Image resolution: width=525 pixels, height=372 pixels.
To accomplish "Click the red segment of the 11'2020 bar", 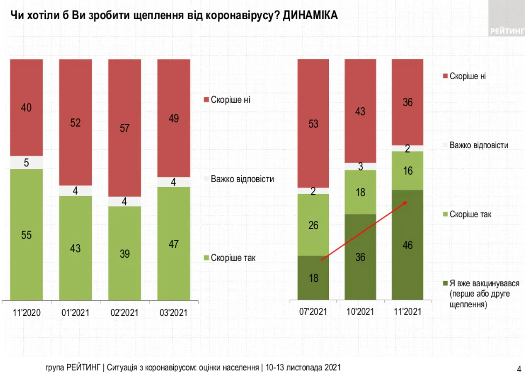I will (27, 107).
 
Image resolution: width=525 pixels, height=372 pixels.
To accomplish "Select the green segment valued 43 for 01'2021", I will (75, 248).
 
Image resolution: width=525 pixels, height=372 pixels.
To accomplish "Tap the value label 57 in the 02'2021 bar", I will (124, 128).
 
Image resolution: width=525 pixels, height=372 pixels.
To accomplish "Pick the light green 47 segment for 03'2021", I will (174, 243).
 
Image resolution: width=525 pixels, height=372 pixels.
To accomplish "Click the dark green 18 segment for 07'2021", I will (313, 278).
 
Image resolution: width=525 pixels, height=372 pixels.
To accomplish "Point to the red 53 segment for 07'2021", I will (313, 123).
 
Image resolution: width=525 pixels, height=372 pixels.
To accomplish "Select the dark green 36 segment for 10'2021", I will (360, 257).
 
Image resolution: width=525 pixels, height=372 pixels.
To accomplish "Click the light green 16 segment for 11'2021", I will (407, 170).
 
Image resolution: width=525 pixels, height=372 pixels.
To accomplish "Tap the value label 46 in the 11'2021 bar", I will (407, 245).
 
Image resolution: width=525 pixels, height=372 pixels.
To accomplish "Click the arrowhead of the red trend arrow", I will (405, 202).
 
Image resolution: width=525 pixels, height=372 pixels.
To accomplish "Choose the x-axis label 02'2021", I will (124, 312).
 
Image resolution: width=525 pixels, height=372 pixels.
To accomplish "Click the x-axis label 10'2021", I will (360, 312).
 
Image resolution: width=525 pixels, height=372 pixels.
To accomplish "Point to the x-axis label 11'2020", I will (27, 312).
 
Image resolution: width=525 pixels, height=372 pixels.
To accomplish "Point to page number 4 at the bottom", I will (518, 367).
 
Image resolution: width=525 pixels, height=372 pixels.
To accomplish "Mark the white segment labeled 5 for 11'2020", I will (27, 163).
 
